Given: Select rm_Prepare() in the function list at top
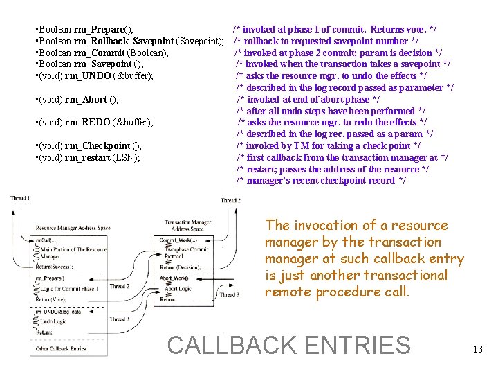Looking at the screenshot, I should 99,30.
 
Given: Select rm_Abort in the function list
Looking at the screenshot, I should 86,99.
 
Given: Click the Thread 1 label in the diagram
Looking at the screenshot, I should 20,199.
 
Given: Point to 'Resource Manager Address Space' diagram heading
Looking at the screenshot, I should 73,228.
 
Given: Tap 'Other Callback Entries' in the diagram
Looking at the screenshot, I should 60,348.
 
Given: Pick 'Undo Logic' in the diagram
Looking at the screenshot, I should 55,322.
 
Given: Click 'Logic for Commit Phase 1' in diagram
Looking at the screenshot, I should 71,288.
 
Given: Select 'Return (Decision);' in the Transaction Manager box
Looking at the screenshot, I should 180,267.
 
